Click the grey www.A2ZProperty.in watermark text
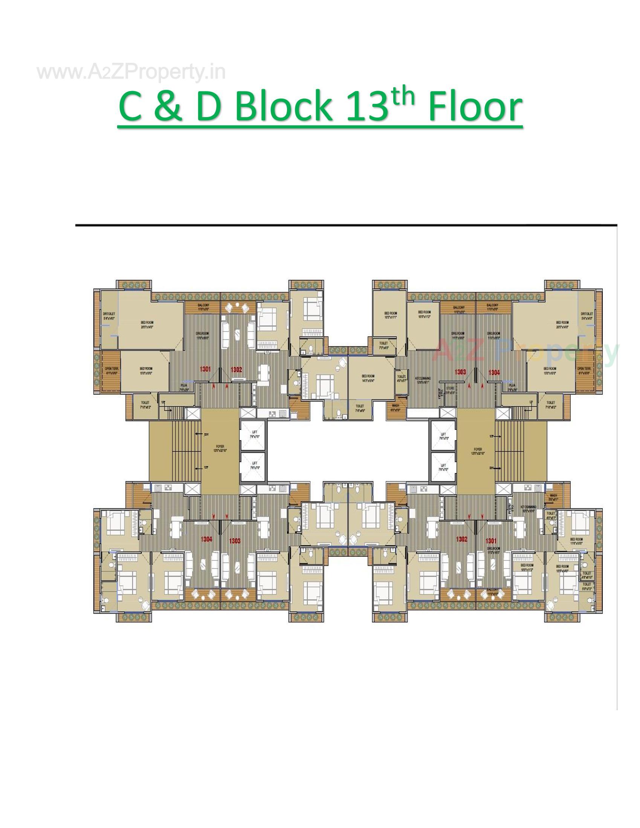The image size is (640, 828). click(x=131, y=72)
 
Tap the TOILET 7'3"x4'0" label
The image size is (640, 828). click(x=383, y=345)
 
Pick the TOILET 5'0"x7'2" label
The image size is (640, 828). click(x=587, y=586)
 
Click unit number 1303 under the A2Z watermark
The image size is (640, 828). click(x=460, y=372)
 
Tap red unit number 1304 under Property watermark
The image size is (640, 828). click(x=493, y=373)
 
